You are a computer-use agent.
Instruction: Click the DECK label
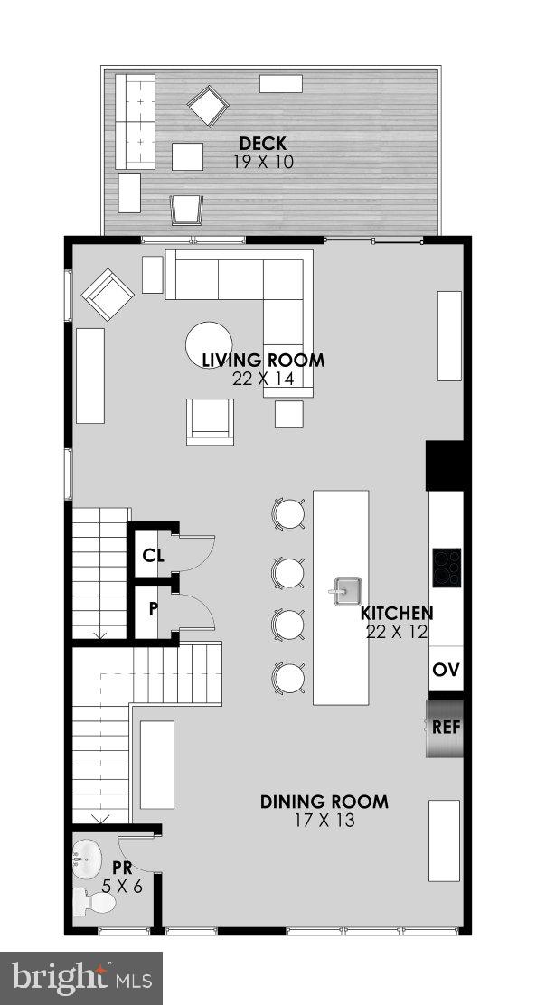tap(262, 144)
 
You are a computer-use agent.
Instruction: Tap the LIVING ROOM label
tap(263, 361)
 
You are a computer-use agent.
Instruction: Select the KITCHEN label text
tap(397, 613)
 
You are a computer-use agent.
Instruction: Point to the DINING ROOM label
tap(324, 802)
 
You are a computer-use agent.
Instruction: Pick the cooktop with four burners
tap(447, 568)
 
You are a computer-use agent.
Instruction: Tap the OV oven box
tap(446, 671)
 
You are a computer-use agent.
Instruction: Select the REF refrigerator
tap(446, 727)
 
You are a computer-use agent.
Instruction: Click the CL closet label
tap(153, 556)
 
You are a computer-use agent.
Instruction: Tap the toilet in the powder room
tap(94, 900)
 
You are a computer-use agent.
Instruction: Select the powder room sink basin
tap(89, 857)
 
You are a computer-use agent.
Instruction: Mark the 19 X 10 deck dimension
tap(262, 163)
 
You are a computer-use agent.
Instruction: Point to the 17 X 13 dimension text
tap(324, 821)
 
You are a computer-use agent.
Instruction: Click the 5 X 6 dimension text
tap(122, 887)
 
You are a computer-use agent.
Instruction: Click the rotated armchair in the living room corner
tap(108, 295)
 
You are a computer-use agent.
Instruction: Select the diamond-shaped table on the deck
tap(208, 107)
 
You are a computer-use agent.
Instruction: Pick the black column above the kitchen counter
tap(447, 465)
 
